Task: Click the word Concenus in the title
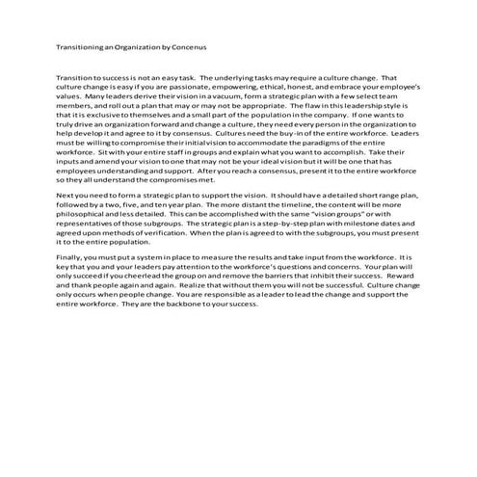(x=187, y=45)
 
